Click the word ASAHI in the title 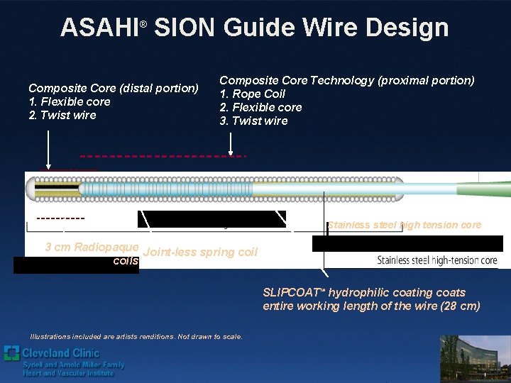[99, 28]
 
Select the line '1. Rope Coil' [253, 94]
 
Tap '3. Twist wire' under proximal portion [253, 121]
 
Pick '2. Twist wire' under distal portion [62, 115]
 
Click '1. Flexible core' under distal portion [70, 101]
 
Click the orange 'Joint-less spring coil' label [200, 252]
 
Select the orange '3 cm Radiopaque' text [92, 247]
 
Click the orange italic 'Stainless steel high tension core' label [405, 225]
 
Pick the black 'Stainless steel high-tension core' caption [437, 260]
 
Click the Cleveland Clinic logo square [11, 353]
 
